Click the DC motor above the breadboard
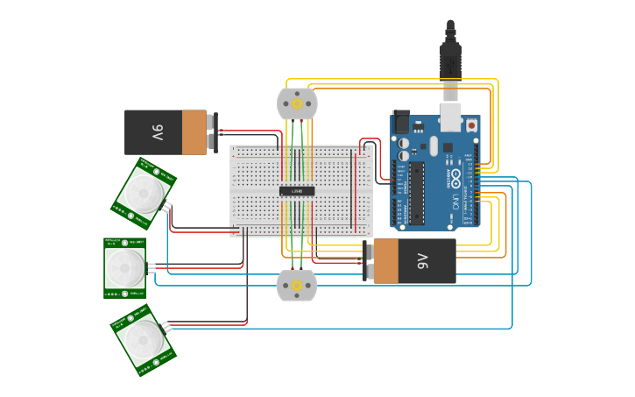(297, 103)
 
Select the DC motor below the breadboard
(297, 286)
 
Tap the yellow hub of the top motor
(297, 104)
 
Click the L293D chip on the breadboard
(297, 191)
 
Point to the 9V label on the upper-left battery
(157, 132)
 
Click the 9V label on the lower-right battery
(423, 261)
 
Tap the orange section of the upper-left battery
(194, 132)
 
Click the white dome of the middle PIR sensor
(124, 267)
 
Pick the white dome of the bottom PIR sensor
(142, 340)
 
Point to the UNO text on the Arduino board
(455, 202)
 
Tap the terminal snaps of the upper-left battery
(213, 132)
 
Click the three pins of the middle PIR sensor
(152, 266)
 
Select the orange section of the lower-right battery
(385, 261)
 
